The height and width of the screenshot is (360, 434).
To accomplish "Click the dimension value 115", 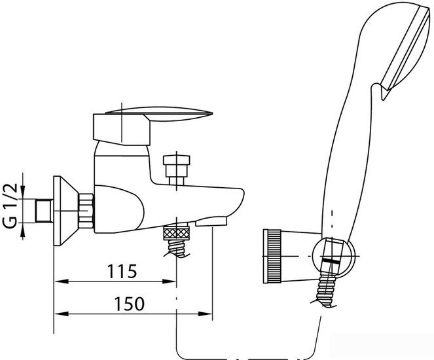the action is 122,271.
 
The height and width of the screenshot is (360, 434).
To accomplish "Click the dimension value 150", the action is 129,304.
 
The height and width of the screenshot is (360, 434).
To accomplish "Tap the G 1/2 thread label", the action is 10,206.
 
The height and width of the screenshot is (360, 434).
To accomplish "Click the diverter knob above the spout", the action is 177,170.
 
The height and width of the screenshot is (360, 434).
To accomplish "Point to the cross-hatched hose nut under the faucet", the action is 177,233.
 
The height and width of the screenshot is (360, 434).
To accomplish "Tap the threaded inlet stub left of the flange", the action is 45,211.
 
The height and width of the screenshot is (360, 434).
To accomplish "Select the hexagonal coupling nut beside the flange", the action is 86,211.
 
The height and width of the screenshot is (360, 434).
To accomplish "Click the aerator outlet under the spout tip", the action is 211,221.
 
